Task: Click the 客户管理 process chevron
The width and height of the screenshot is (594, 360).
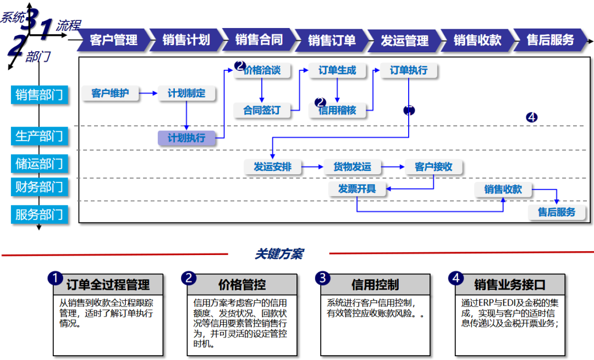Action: click(113, 40)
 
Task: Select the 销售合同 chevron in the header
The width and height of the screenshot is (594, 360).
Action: click(258, 40)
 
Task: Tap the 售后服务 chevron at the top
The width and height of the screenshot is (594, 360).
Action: click(550, 40)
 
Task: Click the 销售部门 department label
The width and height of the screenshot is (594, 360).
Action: click(39, 95)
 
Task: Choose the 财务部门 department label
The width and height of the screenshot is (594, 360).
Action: click(39, 187)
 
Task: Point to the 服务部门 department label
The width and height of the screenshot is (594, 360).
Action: click(39, 214)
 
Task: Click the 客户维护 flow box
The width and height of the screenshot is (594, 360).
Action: click(110, 93)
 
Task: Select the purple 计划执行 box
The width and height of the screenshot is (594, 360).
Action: click(186, 138)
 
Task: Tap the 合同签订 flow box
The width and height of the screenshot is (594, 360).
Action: click(262, 110)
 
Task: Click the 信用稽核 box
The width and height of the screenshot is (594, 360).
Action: click(337, 110)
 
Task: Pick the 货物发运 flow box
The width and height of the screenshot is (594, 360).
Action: click(352, 167)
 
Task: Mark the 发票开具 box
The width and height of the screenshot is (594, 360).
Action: click(357, 189)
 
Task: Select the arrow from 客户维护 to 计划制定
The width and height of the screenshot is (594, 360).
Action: click(148, 93)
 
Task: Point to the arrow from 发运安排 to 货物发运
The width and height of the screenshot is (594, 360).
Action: click(312, 167)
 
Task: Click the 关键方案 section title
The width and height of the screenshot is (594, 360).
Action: click(278, 254)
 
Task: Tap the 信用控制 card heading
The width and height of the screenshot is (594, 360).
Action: click(375, 285)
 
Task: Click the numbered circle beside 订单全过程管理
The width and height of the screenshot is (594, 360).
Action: click(54, 279)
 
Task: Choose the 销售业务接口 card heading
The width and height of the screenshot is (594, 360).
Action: click(509, 285)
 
